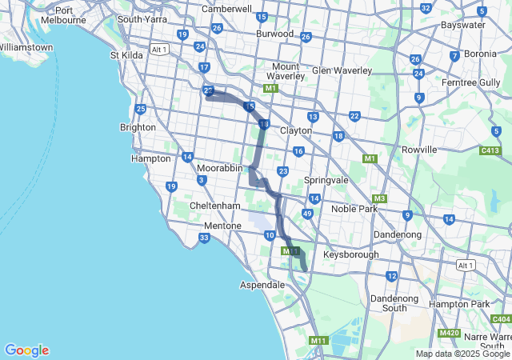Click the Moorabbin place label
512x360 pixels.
pyautogui.click(x=219, y=169)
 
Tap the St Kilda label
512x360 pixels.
pyautogui.click(x=126, y=55)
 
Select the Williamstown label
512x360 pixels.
pyautogui.click(x=26, y=47)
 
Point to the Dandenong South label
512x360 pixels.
pyautogui.click(x=388, y=303)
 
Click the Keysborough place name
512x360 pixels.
pyautogui.click(x=350, y=254)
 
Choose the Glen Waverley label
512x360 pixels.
pyautogui.click(x=342, y=70)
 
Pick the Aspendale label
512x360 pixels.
pyautogui.click(x=262, y=285)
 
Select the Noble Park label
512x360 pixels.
pyautogui.click(x=354, y=208)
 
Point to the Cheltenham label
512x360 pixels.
pyautogui.click(x=215, y=206)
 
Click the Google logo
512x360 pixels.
pyautogui.click(x=26, y=350)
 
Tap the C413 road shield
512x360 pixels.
pyautogui.click(x=490, y=150)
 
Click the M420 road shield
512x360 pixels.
pyautogui.click(x=449, y=332)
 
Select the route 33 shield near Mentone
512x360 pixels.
pyautogui.click(x=205, y=238)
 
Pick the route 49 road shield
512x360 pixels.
pyautogui.click(x=307, y=214)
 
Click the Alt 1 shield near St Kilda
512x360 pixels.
pyautogui.click(x=159, y=50)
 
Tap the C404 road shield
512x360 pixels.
pyautogui.click(x=502, y=319)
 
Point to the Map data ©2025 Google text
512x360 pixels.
pyautogui.click(x=462, y=354)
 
